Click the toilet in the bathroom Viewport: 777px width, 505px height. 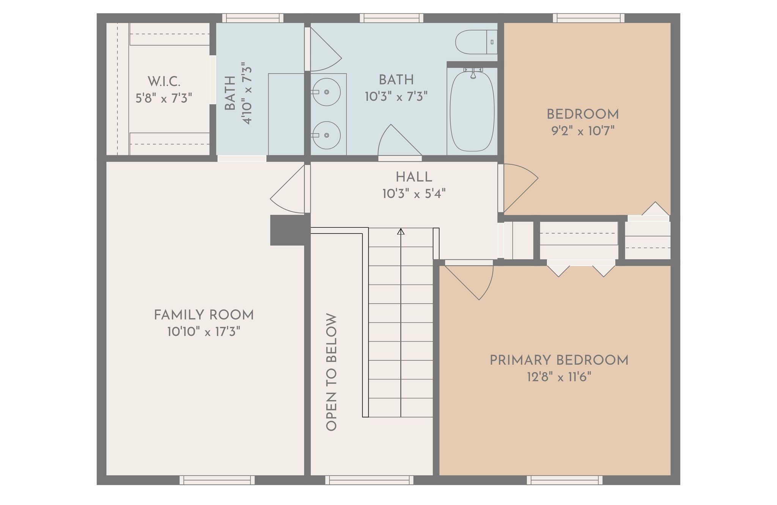pos(476,42)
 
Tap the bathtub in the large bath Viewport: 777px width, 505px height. pos(472,111)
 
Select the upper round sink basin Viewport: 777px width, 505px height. pos(327,92)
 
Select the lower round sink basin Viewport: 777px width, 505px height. pos(327,135)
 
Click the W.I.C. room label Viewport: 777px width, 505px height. pos(164,81)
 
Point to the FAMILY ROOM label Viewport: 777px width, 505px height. pos(204,315)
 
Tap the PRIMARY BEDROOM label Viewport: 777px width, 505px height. pos(559,360)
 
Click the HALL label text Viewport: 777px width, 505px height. pos(414,177)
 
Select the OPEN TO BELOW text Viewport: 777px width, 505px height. pos(331,372)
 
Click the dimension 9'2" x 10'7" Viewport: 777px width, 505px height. pos(583,131)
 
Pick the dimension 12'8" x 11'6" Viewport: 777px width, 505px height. pos(559,377)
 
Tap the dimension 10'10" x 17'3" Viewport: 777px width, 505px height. pos(204,332)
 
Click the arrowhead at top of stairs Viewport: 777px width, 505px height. pos(401,231)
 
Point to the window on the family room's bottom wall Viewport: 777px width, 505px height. pos(217,480)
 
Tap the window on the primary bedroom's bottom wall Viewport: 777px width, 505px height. pos(565,480)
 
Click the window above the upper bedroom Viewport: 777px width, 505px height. pos(588,18)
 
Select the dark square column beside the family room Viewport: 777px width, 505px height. pos(288,230)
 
